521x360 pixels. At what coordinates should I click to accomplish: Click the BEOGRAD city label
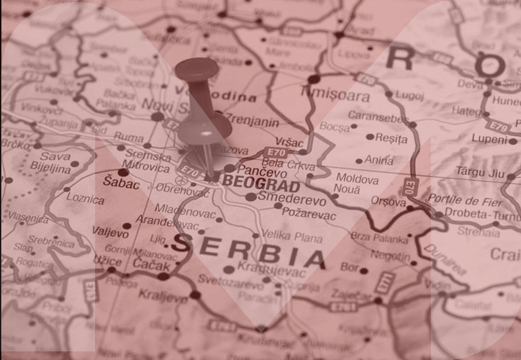click(x=260, y=183)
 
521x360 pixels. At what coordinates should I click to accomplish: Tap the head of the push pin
click(x=196, y=70)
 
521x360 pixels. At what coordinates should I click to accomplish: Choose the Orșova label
click(x=389, y=202)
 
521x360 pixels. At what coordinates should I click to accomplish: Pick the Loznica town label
click(x=85, y=197)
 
